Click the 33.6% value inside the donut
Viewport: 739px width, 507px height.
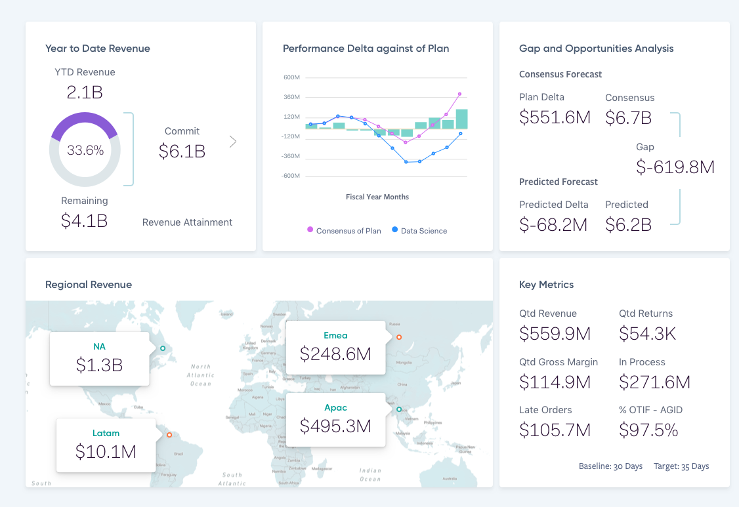[85, 150]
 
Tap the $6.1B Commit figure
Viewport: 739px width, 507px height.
[182, 152]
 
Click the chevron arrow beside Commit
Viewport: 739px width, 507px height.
[233, 141]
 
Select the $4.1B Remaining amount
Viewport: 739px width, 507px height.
[84, 221]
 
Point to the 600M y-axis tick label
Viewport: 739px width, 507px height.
[291, 77]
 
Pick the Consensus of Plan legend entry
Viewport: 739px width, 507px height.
[344, 230]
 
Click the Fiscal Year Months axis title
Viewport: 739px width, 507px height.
[377, 197]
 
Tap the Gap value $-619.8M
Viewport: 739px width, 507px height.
[675, 167]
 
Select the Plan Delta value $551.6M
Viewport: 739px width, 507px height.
[555, 117]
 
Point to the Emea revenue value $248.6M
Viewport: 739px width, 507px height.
[335, 354]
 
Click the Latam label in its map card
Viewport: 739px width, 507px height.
[106, 434]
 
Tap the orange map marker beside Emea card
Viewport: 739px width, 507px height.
[398, 338]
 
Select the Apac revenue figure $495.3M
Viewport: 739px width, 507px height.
[335, 426]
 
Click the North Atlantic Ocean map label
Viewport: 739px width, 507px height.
[201, 375]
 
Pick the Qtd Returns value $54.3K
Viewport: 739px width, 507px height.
[647, 333]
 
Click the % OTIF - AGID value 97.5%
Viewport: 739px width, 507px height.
[648, 430]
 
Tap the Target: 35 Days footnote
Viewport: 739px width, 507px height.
[681, 466]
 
